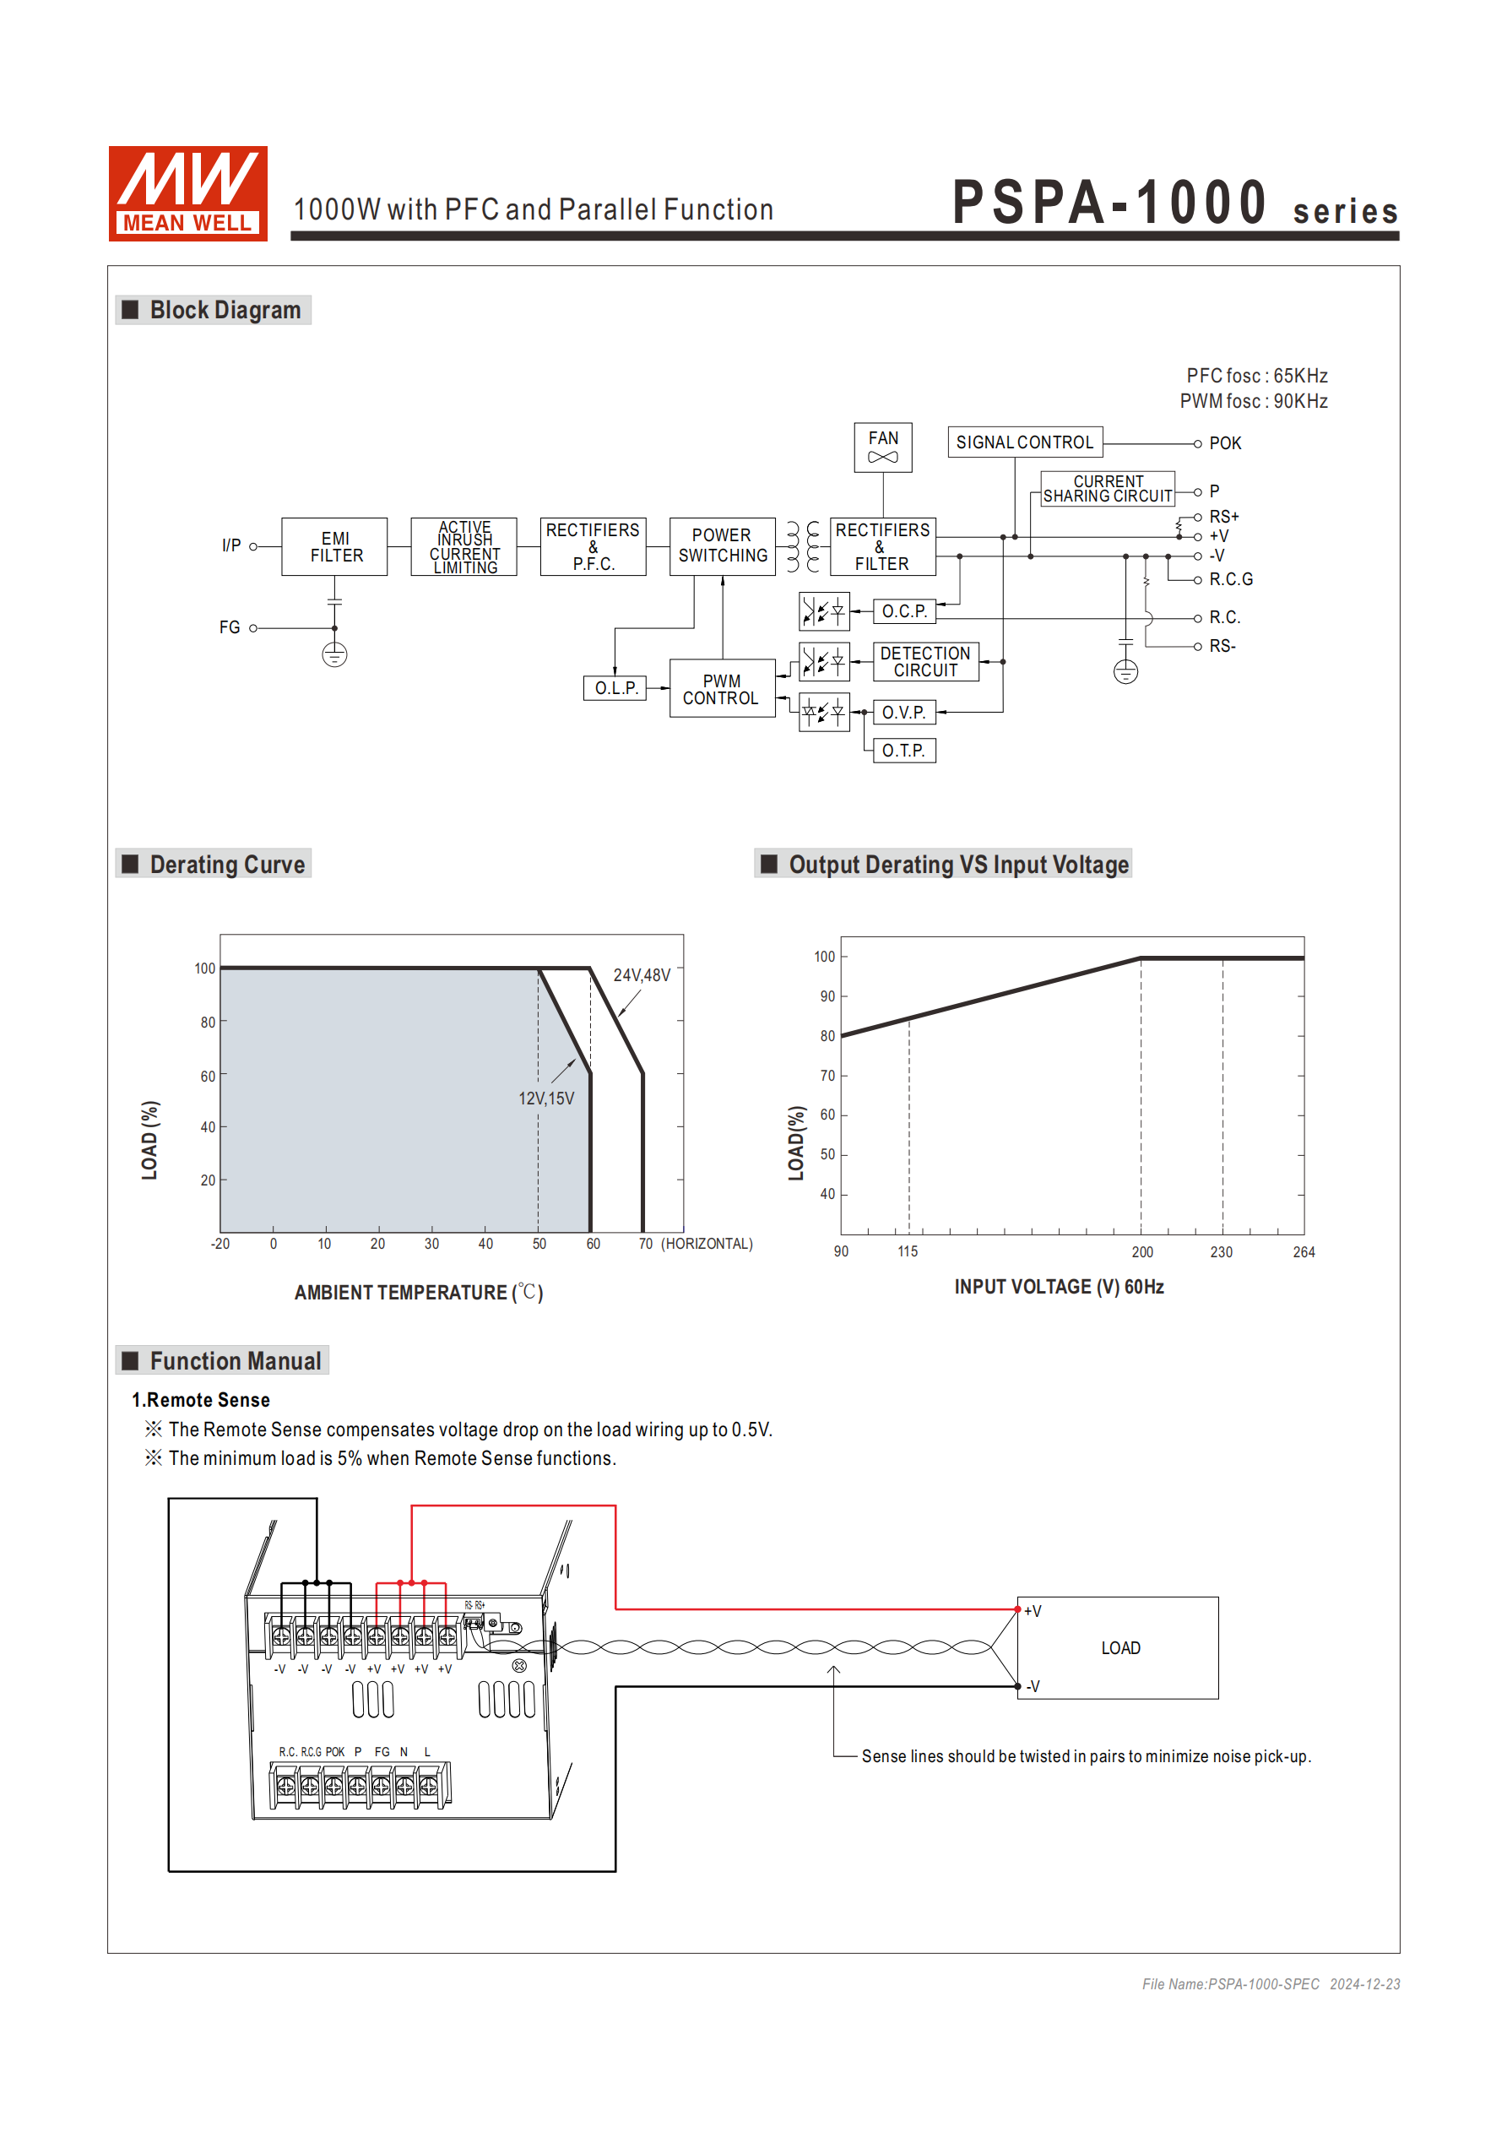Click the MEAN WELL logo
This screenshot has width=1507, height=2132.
(x=187, y=193)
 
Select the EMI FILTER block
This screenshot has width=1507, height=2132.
(x=334, y=547)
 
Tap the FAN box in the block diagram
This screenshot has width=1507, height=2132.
(x=882, y=447)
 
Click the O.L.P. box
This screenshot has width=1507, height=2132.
(x=615, y=688)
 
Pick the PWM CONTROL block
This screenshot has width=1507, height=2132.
(x=722, y=689)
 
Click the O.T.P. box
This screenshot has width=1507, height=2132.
(x=903, y=751)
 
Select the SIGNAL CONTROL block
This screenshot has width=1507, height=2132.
(x=1024, y=442)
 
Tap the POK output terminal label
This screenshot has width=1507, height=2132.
(x=1224, y=444)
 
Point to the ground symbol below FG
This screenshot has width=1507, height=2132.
(x=334, y=655)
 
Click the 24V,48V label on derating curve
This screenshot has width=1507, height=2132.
(x=641, y=975)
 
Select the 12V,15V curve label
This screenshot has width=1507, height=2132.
(x=546, y=1099)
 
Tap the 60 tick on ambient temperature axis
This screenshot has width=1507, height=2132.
(x=593, y=1245)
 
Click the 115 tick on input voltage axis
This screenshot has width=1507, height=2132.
(x=908, y=1251)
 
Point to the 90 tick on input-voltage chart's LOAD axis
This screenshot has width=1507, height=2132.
(x=827, y=996)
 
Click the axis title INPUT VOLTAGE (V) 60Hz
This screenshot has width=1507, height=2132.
(x=1059, y=1287)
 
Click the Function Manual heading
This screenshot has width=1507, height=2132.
(x=234, y=1361)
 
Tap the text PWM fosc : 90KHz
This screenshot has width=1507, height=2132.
(x=1253, y=401)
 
